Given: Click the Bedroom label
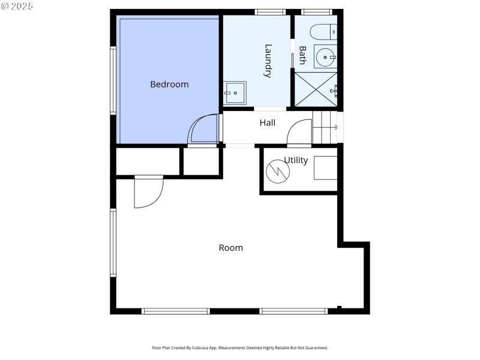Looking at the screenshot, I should (169, 85).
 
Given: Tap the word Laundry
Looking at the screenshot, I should (268, 61).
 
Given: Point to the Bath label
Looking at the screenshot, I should (302, 55).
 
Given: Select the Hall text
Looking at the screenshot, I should (268, 123).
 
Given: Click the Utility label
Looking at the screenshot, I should (296, 160).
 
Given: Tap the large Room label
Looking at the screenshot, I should (230, 248).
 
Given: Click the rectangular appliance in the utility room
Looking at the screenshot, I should (325, 168).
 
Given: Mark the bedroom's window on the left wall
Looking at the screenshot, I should (112, 80).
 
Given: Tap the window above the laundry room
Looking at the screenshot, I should (269, 12).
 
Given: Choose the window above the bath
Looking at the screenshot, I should (316, 12).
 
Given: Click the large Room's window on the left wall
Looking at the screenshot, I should (112, 242).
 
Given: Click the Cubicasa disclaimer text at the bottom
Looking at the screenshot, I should (240, 348).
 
